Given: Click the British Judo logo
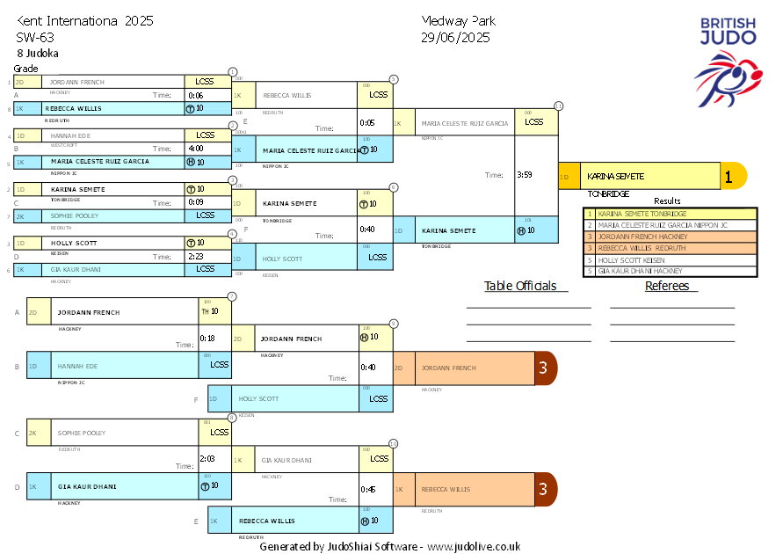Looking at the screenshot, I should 728,57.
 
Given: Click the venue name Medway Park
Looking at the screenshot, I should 458,21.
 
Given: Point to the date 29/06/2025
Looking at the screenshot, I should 455,37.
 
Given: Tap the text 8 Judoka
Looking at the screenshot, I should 37,53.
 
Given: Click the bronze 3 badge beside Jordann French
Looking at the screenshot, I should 545,368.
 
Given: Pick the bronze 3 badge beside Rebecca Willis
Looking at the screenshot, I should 545,489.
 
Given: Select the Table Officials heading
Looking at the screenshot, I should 520,286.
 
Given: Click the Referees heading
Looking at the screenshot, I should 666,286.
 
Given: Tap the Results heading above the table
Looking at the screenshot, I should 667,201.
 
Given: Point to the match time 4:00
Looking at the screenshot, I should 196,149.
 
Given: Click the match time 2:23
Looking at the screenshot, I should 195,257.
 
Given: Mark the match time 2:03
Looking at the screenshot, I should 207,458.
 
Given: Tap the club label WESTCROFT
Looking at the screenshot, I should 64,145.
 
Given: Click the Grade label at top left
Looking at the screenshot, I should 25,69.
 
